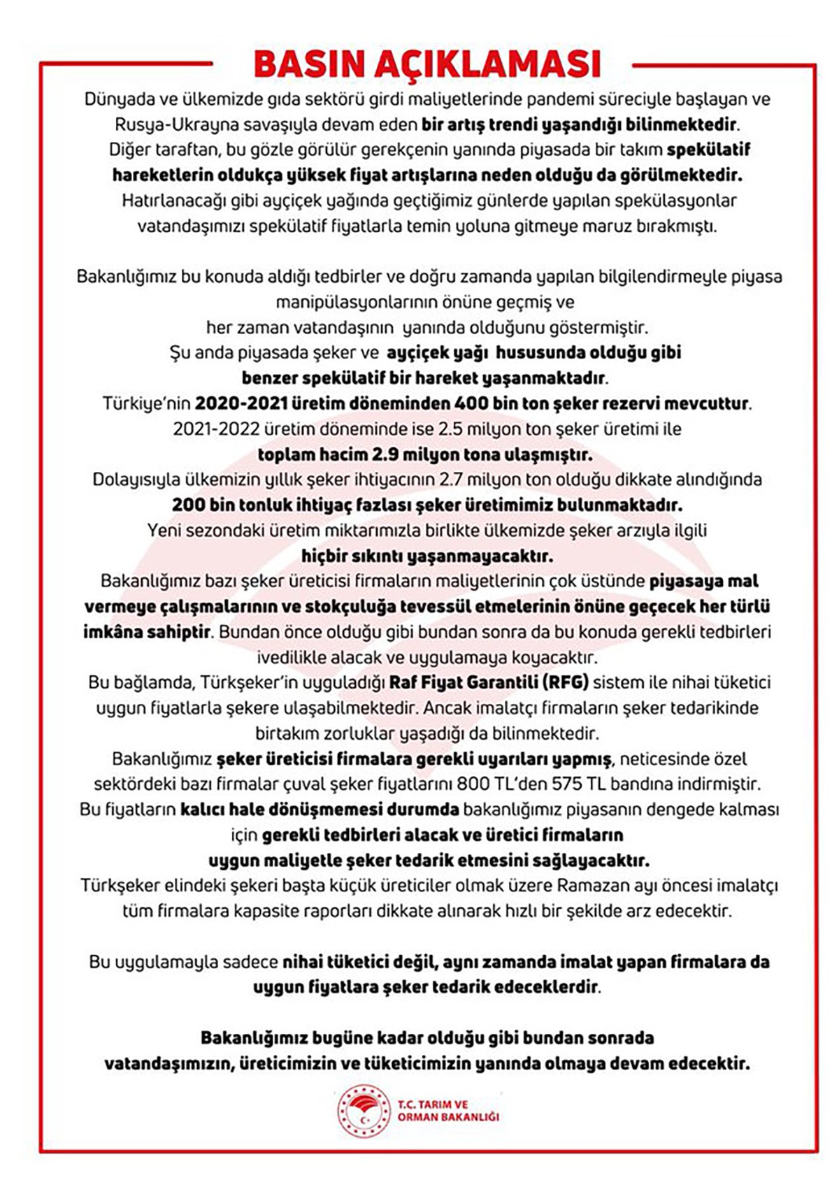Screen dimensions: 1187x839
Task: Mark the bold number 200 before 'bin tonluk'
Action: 187,505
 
